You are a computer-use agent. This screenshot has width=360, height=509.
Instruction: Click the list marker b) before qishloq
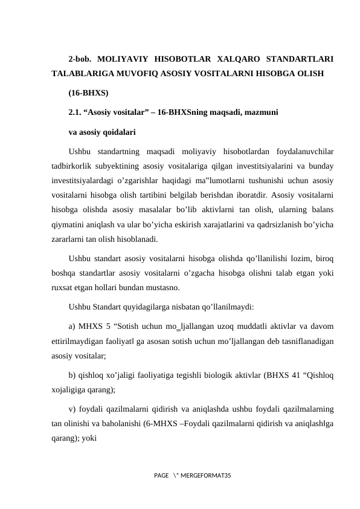coord(72,375)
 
